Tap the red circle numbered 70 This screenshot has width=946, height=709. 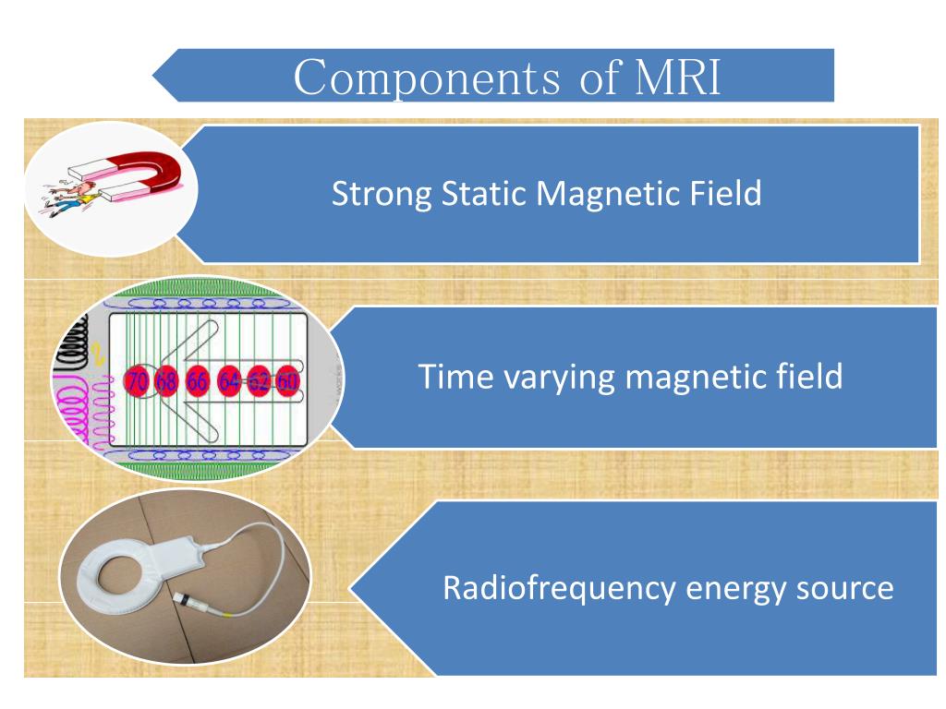tap(137, 380)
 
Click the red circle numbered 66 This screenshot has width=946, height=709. tap(198, 380)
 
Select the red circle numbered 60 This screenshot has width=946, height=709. tap(288, 380)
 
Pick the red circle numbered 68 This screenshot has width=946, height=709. tap(167, 380)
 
